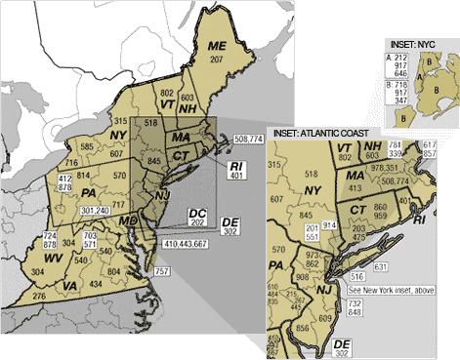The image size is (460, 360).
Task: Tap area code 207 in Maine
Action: [x=216, y=60]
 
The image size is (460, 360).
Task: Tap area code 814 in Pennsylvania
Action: [x=82, y=175]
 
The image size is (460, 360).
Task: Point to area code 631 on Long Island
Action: [x=407, y=266]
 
